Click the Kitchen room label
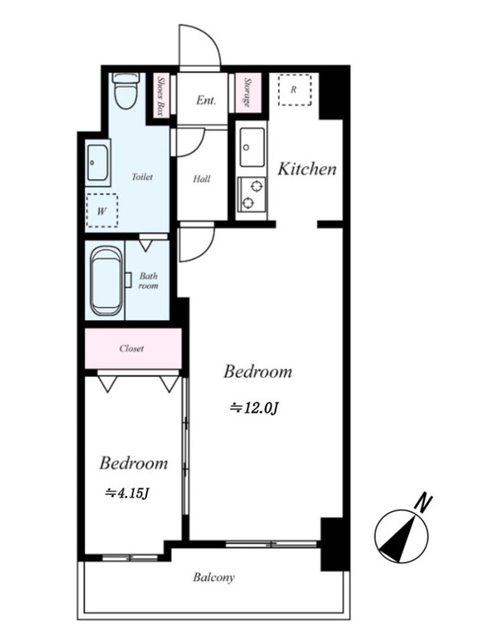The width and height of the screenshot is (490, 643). [307, 169]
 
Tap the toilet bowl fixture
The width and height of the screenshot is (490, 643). [125, 91]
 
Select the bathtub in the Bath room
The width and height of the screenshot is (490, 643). [106, 281]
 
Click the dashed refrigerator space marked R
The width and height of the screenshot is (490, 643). [295, 90]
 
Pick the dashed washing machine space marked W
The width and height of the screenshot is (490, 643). [102, 211]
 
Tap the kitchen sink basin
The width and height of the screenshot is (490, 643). [252, 147]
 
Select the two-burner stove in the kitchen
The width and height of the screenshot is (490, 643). [252, 195]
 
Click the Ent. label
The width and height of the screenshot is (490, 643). [206, 100]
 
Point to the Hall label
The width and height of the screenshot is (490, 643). [202, 178]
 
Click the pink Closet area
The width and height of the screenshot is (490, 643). [133, 349]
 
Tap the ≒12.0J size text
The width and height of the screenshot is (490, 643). [255, 408]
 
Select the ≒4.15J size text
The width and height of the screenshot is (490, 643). [127, 493]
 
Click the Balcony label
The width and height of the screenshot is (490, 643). [214, 578]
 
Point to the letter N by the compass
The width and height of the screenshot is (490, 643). [423, 503]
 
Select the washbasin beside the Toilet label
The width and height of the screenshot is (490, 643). [98, 163]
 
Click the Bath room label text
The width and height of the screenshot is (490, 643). [148, 281]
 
